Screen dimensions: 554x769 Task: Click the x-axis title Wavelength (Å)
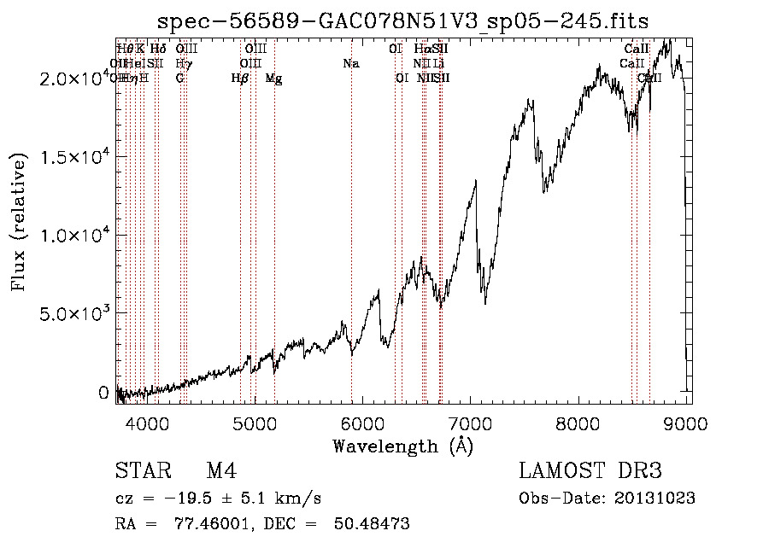pos(402,446)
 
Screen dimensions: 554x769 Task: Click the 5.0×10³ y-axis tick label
pos(76,313)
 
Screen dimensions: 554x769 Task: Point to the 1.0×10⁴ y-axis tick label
pos(76,235)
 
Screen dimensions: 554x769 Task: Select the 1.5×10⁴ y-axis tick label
pos(76,157)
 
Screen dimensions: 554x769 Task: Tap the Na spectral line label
pos(351,63)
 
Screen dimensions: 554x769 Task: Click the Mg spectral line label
pos(273,78)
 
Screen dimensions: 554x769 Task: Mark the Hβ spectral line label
pos(240,78)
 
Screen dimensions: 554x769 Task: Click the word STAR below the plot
pos(143,472)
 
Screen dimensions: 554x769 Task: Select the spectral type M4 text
pos(221,472)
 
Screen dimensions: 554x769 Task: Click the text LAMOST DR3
pos(590,472)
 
